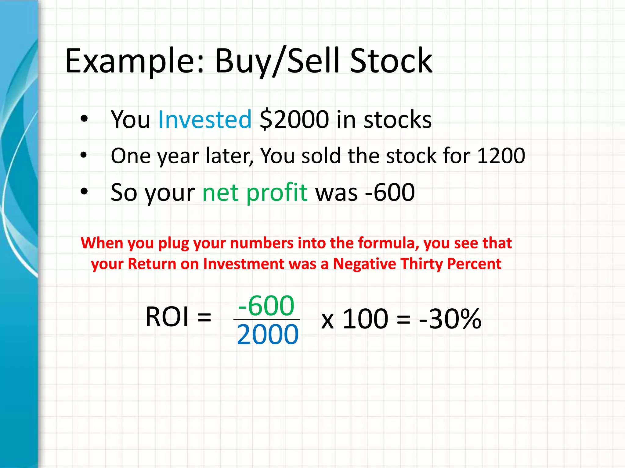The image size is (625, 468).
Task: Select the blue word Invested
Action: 205,119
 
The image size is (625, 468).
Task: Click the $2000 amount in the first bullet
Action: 294,119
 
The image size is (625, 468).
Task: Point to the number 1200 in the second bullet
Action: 501,156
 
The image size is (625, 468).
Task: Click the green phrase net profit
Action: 255,193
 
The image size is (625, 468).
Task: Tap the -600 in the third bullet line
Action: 390,193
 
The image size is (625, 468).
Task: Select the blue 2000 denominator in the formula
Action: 268,335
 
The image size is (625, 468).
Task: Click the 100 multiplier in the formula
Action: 365,319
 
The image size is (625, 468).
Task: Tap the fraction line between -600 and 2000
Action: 266,319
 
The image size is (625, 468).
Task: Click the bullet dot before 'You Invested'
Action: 84,119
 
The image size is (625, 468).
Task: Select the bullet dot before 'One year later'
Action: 84,155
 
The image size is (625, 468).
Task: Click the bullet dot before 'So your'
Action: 84,192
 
